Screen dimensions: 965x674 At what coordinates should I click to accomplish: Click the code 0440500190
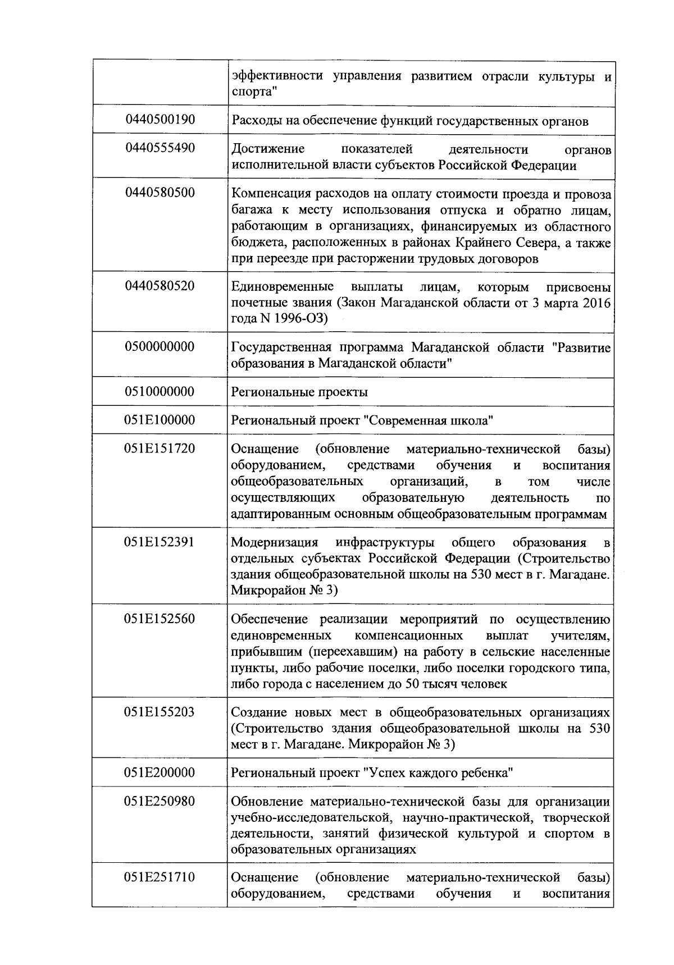pos(160,120)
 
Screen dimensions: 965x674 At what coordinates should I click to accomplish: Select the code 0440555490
pos(160,148)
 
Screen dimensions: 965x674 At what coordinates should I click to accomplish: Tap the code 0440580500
pos(160,193)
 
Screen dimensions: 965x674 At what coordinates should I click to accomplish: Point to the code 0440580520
pos(160,286)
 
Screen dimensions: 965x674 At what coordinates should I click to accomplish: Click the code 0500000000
pos(160,347)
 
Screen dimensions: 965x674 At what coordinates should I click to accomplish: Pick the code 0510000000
pos(160,392)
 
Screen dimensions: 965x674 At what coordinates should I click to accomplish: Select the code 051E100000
pos(160,420)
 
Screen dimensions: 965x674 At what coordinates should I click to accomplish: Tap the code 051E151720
pos(160,449)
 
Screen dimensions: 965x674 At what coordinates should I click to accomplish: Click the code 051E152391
pos(160,542)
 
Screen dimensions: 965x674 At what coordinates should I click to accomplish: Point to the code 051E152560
pos(160,619)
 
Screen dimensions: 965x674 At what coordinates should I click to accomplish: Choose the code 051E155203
pos(160,712)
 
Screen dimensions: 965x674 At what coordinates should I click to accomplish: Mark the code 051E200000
pos(160,773)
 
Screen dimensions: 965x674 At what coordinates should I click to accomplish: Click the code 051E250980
pos(160,801)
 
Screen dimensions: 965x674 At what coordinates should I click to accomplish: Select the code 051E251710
pos(160,877)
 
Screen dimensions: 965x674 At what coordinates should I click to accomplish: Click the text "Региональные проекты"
pos(299,392)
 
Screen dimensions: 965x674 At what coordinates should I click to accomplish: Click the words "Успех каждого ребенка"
pos(438,774)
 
